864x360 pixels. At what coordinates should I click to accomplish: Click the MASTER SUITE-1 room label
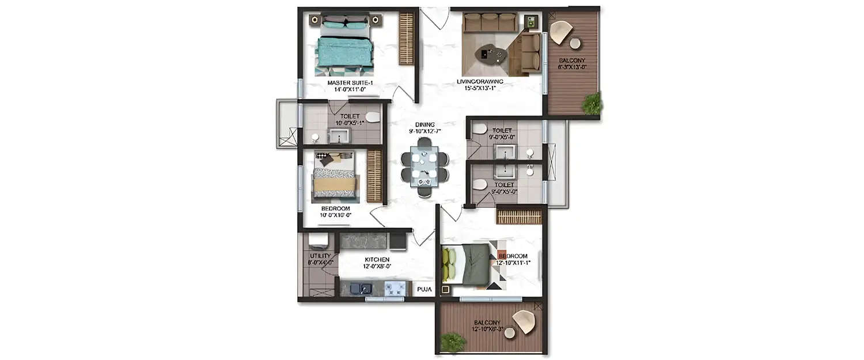[x=350, y=83]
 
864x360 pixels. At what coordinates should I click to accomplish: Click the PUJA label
[x=423, y=289]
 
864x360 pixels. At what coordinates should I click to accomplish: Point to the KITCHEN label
[x=377, y=260]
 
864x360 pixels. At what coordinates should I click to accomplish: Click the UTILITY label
[x=320, y=256]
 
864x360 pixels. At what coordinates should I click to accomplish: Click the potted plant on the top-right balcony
[x=592, y=104]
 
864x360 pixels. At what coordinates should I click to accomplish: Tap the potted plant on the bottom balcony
[x=453, y=342]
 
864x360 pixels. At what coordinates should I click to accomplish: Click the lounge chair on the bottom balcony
[x=524, y=321]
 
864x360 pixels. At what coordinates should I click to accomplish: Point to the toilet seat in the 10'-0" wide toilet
[x=373, y=117]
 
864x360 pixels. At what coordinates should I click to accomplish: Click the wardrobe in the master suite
[x=407, y=39]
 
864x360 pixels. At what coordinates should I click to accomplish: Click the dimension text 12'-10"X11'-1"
[x=513, y=263]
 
